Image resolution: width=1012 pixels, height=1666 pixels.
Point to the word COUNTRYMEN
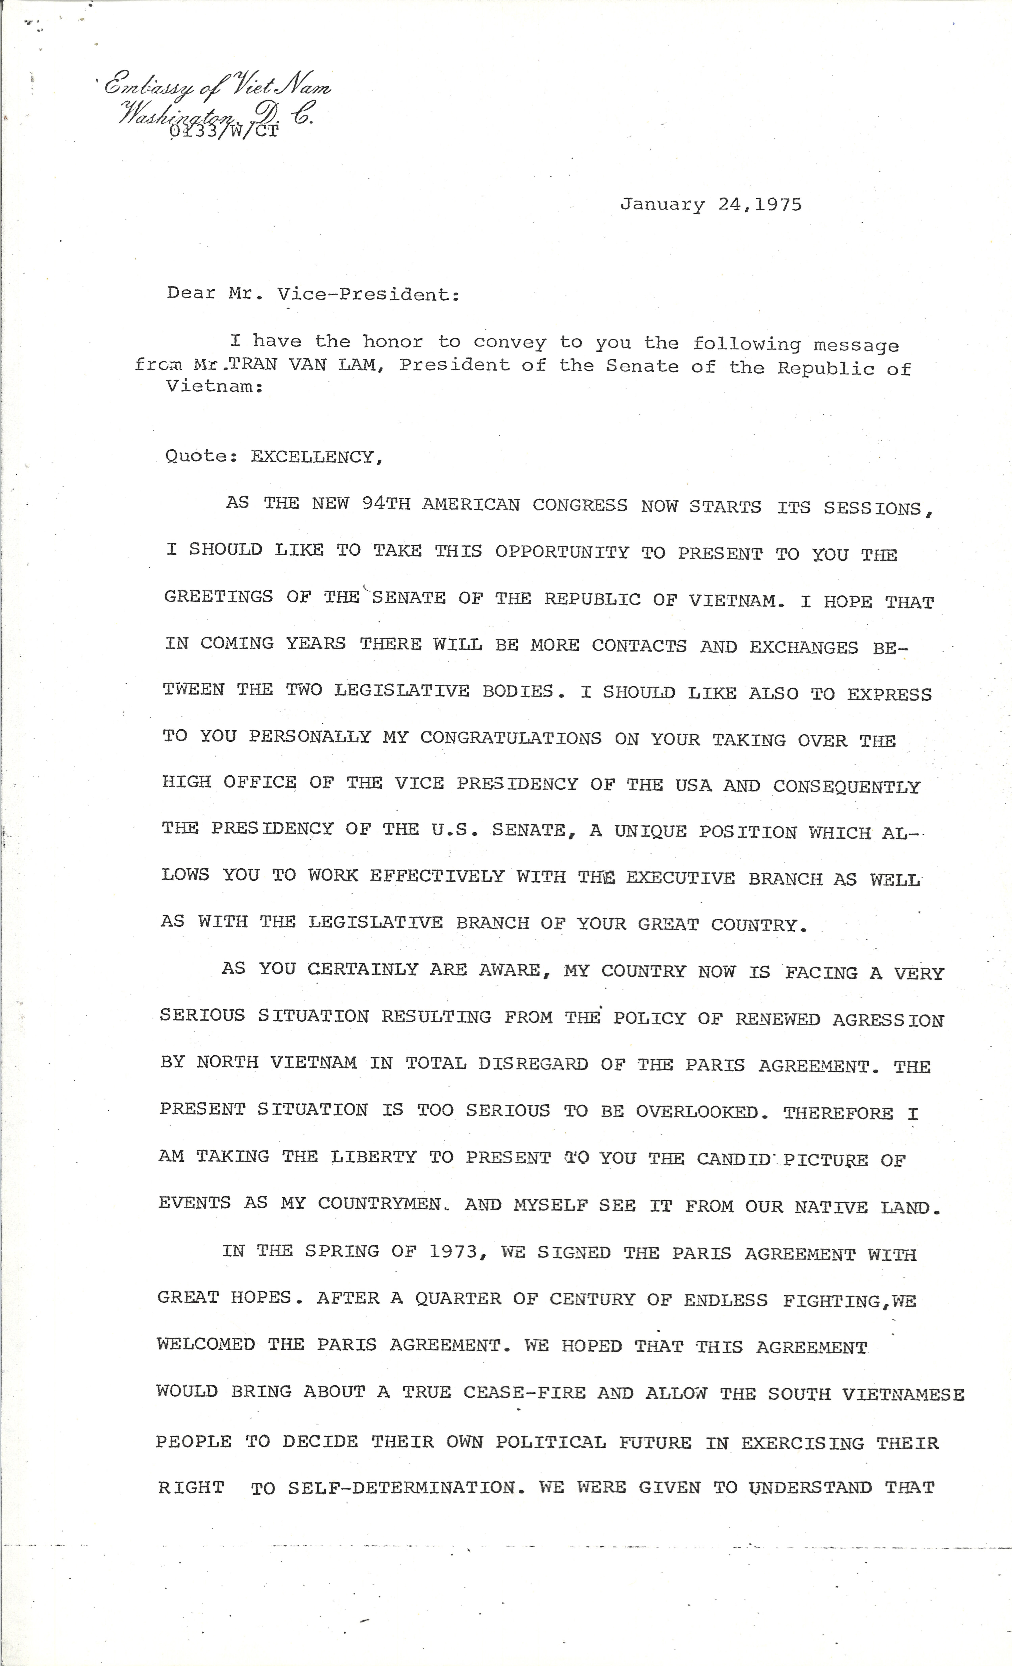pyautogui.click(x=379, y=1204)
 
